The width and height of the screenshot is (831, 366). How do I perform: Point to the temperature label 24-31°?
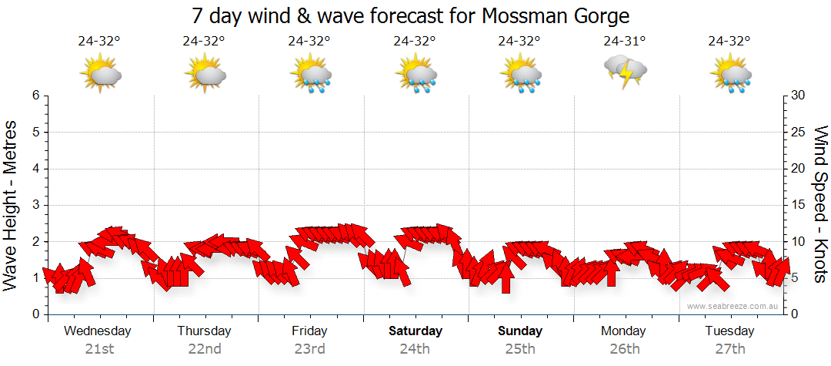point(624,42)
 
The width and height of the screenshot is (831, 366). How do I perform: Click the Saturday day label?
point(415,331)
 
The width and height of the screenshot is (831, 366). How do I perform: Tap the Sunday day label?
point(520,331)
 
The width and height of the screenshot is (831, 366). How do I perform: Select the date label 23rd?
point(309,349)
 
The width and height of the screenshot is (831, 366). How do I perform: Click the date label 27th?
point(730,349)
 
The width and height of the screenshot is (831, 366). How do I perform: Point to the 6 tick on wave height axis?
point(35,96)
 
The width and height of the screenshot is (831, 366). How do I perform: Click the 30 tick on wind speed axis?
point(799,96)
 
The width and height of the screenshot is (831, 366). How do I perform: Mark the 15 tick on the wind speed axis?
point(799,205)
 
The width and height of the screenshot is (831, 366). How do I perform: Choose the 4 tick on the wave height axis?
point(35,169)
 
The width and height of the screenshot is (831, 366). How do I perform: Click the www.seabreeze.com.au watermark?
point(733,306)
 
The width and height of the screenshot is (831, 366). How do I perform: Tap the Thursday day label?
point(204,331)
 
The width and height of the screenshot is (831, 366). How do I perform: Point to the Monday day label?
point(624,331)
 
